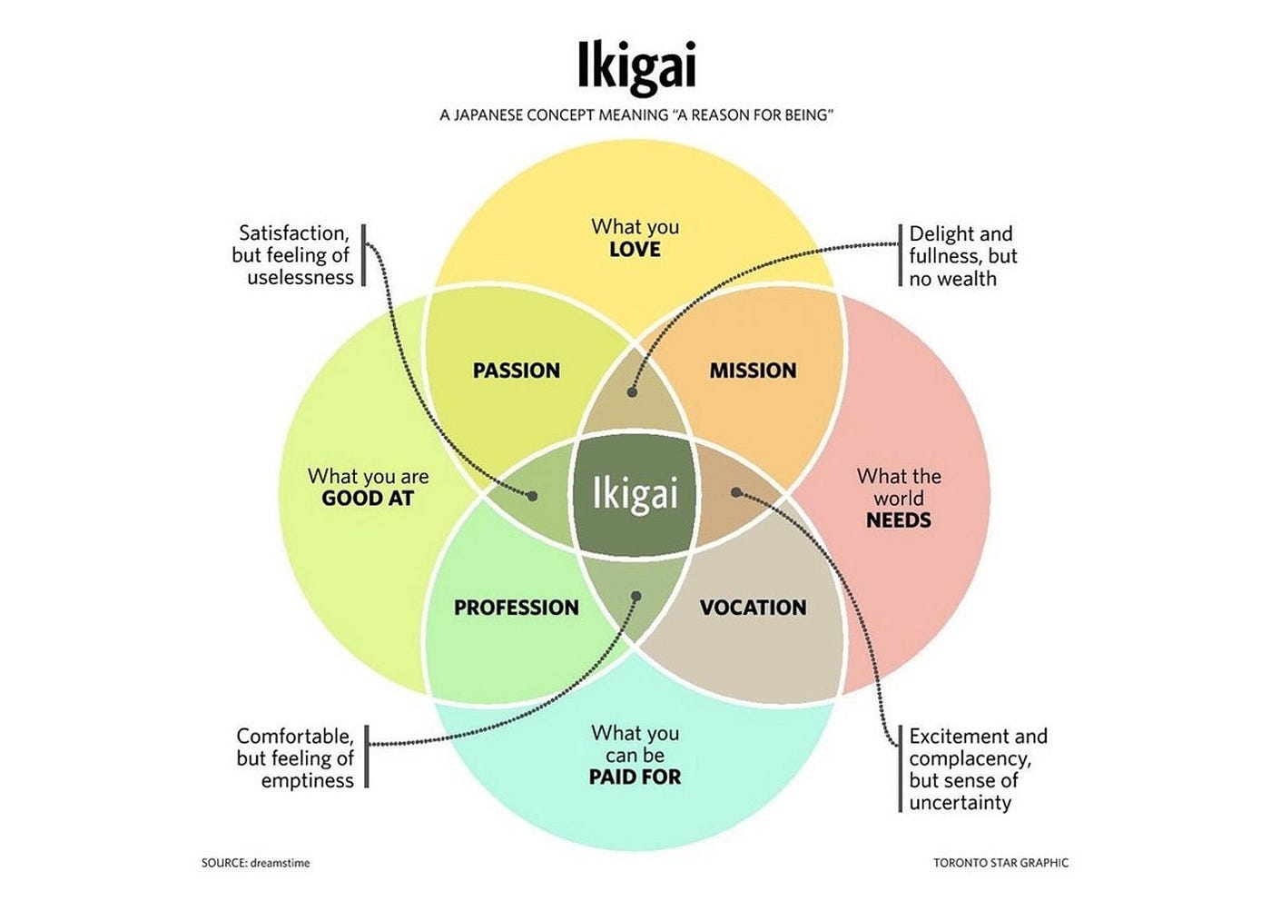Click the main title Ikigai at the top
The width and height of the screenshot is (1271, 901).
(x=635, y=67)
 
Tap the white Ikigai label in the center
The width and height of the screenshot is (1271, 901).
(x=635, y=494)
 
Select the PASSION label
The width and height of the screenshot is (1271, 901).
(x=517, y=371)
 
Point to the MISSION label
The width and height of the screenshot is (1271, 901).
(x=753, y=371)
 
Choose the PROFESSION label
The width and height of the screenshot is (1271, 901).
(x=517, y=608)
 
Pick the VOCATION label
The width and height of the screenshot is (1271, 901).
(x=753, y=608)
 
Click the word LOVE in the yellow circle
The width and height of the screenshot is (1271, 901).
(x=635, y=250)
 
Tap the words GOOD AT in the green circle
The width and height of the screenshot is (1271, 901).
(x=368, y=499)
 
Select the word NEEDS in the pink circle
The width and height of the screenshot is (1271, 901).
(x=899, y=520)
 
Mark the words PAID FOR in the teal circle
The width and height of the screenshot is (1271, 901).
(x=635, y=777)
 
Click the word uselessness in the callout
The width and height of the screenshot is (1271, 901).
(x=301, y=278)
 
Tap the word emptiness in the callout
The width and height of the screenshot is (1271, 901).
(x=308, y=781)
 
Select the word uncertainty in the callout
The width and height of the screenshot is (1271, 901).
(x=961, y=803)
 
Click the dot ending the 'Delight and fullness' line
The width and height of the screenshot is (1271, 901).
(x=633, y=392)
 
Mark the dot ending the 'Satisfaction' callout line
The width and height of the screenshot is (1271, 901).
(x=533, y=496)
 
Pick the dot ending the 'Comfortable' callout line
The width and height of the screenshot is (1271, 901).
(x=636, y=597)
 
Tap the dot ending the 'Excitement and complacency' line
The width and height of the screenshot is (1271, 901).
(x=736, y=492)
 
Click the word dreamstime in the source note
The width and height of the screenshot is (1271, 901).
(x=282, y=863)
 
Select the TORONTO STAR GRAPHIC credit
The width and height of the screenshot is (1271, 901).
(x=1000, y=863)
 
